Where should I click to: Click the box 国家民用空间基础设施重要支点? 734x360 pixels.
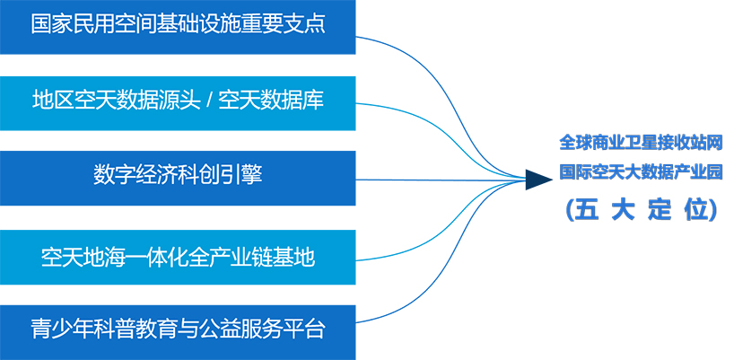178,27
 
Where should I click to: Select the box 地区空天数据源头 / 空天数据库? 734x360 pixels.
178,103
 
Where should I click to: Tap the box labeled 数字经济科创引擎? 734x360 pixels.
178,179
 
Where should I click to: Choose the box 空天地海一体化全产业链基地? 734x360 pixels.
178,257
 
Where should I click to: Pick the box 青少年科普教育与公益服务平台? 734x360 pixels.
178,332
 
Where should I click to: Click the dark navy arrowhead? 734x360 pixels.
538,180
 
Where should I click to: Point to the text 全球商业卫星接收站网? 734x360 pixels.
642,143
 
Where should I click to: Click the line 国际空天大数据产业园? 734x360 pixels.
642,171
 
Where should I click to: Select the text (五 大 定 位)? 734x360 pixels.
642,210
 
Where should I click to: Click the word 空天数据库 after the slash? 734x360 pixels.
272,101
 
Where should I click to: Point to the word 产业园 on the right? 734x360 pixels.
698,171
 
